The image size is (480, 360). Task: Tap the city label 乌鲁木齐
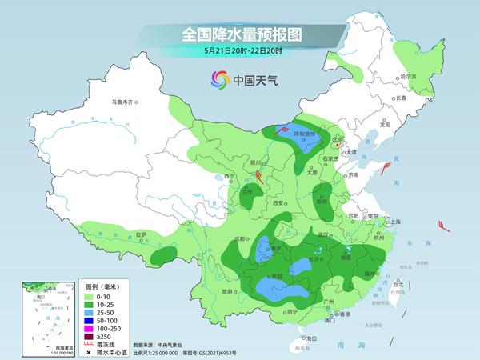[x=124, y=102]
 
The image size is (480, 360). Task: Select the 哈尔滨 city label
[x=408, y=77]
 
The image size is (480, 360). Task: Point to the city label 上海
[x=394, y=222]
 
